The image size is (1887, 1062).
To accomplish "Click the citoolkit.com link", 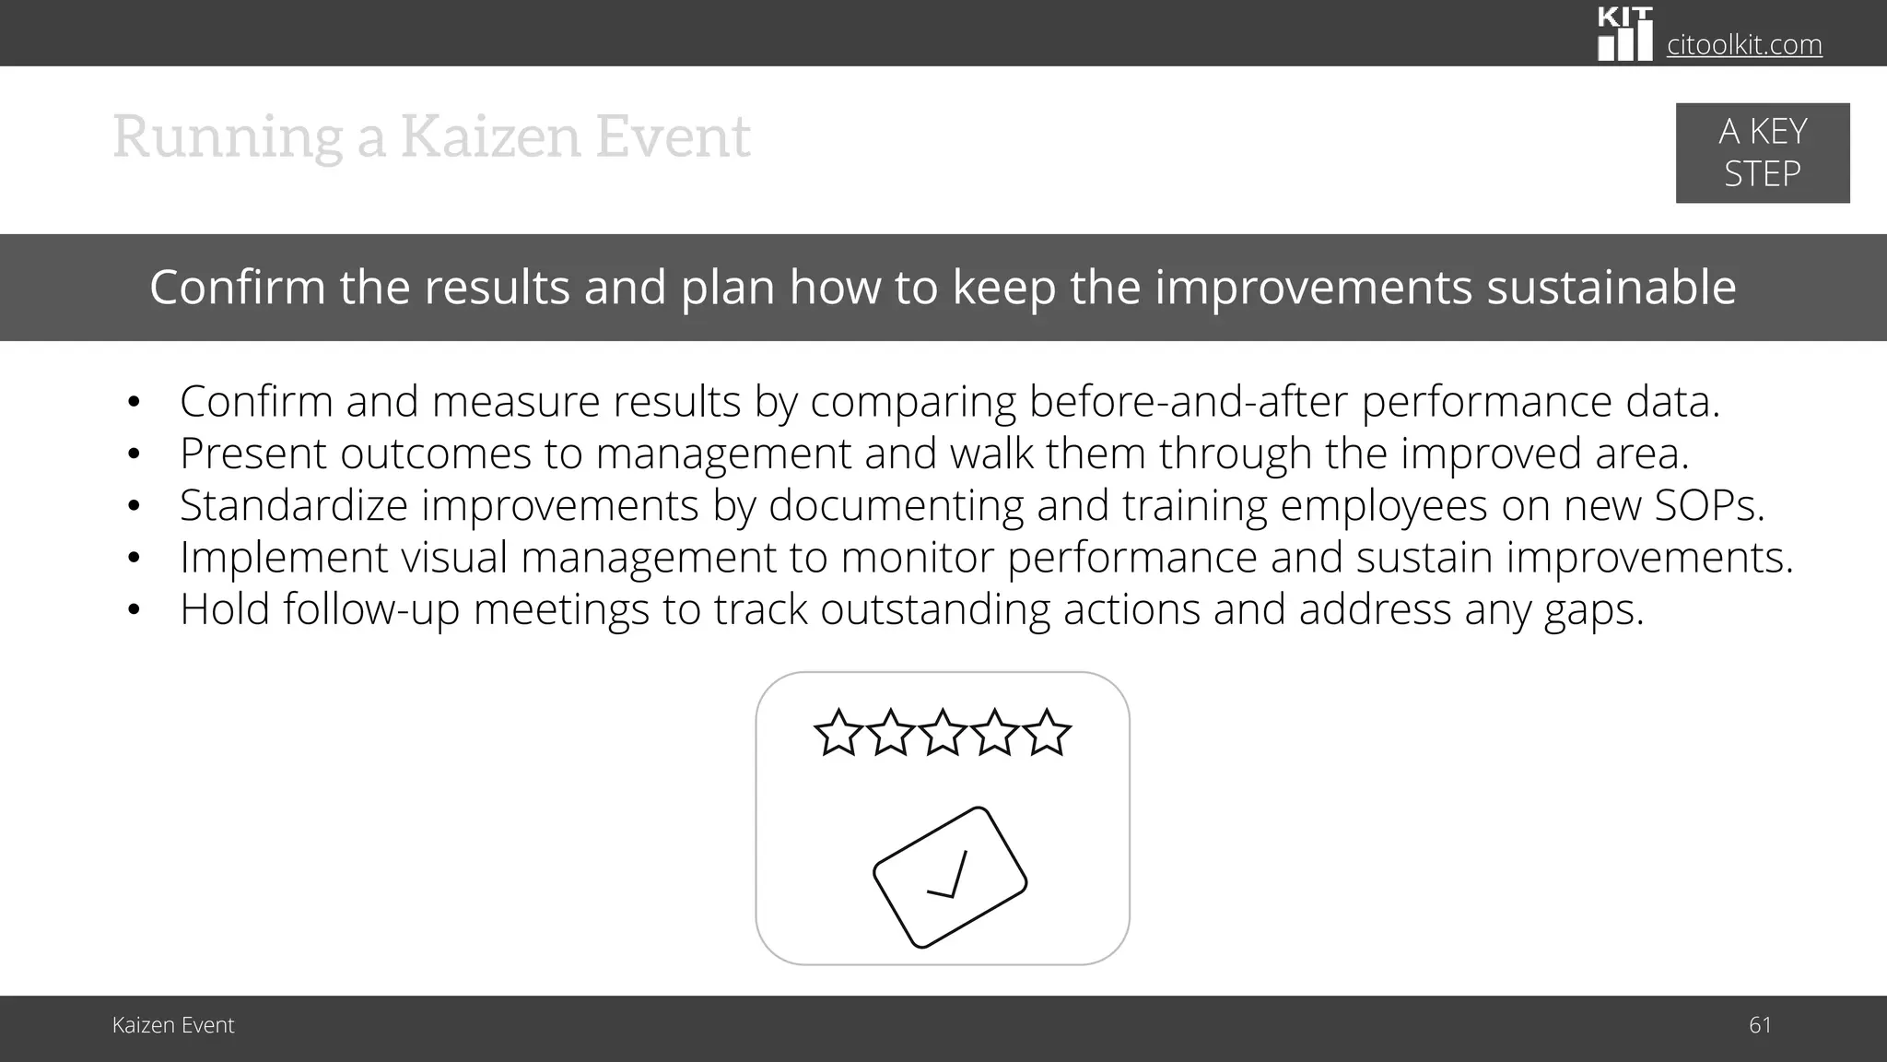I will click(1744, 44).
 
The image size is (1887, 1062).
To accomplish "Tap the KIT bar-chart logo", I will click(1624, 35).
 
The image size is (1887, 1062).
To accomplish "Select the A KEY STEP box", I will click(1762, 153).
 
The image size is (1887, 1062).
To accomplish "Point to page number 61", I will click(1759, 1025).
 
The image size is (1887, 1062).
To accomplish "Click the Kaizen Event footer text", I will click(173, 1025).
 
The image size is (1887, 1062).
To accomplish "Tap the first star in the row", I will click(838, 733).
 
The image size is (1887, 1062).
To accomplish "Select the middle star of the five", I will click(943, 733).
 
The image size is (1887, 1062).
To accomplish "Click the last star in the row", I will click(1047, 733).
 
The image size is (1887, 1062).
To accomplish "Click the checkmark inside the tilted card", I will click(950, 877).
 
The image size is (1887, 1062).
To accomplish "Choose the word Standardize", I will click(293, 505).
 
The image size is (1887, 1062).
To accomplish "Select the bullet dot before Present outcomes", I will click(135, 454).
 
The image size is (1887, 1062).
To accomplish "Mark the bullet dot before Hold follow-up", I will click(135, 610).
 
